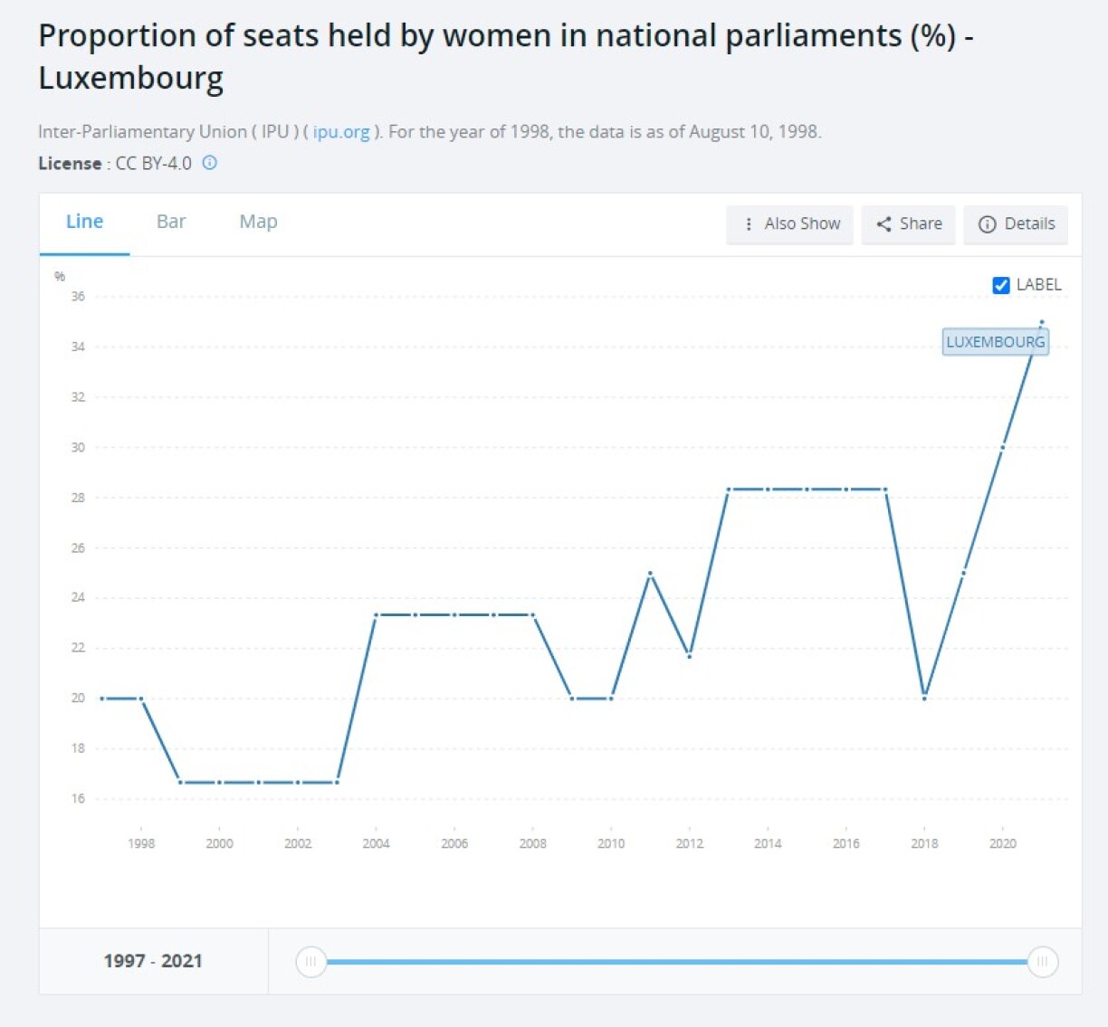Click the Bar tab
170,222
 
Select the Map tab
258,222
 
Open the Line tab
84,222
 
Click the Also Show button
790,223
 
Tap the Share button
909,223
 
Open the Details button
1017,223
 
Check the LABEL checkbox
1001,285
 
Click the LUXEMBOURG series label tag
995,342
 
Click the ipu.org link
341,132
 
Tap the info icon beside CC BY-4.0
209,163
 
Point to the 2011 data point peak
651,573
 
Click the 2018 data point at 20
924,698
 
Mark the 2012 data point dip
690,656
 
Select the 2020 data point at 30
1002,447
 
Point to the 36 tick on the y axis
78,297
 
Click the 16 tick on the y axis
78,798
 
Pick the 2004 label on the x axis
376,843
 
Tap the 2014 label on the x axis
768,843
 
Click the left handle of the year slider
310,961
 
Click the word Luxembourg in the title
130,79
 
